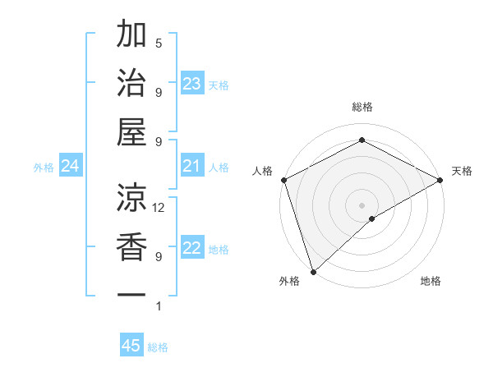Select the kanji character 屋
132,131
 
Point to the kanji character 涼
132,196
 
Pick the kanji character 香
132,246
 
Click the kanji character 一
132,294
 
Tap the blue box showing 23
192,84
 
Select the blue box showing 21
192,167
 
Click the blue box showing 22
192,249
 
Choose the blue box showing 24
71,167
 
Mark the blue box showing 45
131,346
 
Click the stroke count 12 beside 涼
159,208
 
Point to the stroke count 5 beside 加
159,43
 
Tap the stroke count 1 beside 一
159,306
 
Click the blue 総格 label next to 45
158,347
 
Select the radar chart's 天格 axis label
462,171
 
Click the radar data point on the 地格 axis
373,218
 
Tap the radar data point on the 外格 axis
313,270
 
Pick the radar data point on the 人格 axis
283,179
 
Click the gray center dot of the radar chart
362,204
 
